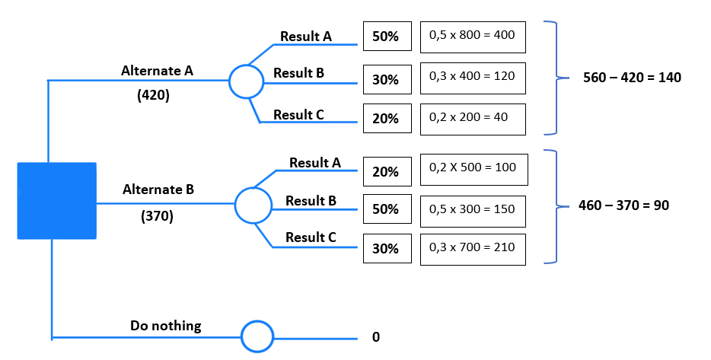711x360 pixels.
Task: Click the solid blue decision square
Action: pos(57,200)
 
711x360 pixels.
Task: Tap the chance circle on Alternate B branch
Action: pos(253,204)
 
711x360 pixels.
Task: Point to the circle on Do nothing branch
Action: pos(257,336)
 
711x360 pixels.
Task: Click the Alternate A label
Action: pos(157,71)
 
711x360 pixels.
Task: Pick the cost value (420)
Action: pos(155,96)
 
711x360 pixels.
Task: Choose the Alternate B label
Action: pos(158,189)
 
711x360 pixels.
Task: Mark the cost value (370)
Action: pos(158,216)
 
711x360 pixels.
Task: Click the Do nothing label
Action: pos(166,326)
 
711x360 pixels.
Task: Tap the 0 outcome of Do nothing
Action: pos(376,336)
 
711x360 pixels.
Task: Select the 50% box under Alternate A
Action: pos(386,37)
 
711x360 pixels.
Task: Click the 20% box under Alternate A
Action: pos(386,118)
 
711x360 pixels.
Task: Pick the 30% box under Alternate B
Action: pos(386,249)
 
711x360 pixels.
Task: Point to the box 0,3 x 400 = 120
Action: pos(473,77)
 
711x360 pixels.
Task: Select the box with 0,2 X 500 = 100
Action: pos(473,168)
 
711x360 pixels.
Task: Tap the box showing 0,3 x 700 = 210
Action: pos(473,249)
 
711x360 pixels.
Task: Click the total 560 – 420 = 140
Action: pos(632,78)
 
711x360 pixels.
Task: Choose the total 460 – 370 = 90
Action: pos(624,205)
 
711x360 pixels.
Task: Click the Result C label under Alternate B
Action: pos(311,237)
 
